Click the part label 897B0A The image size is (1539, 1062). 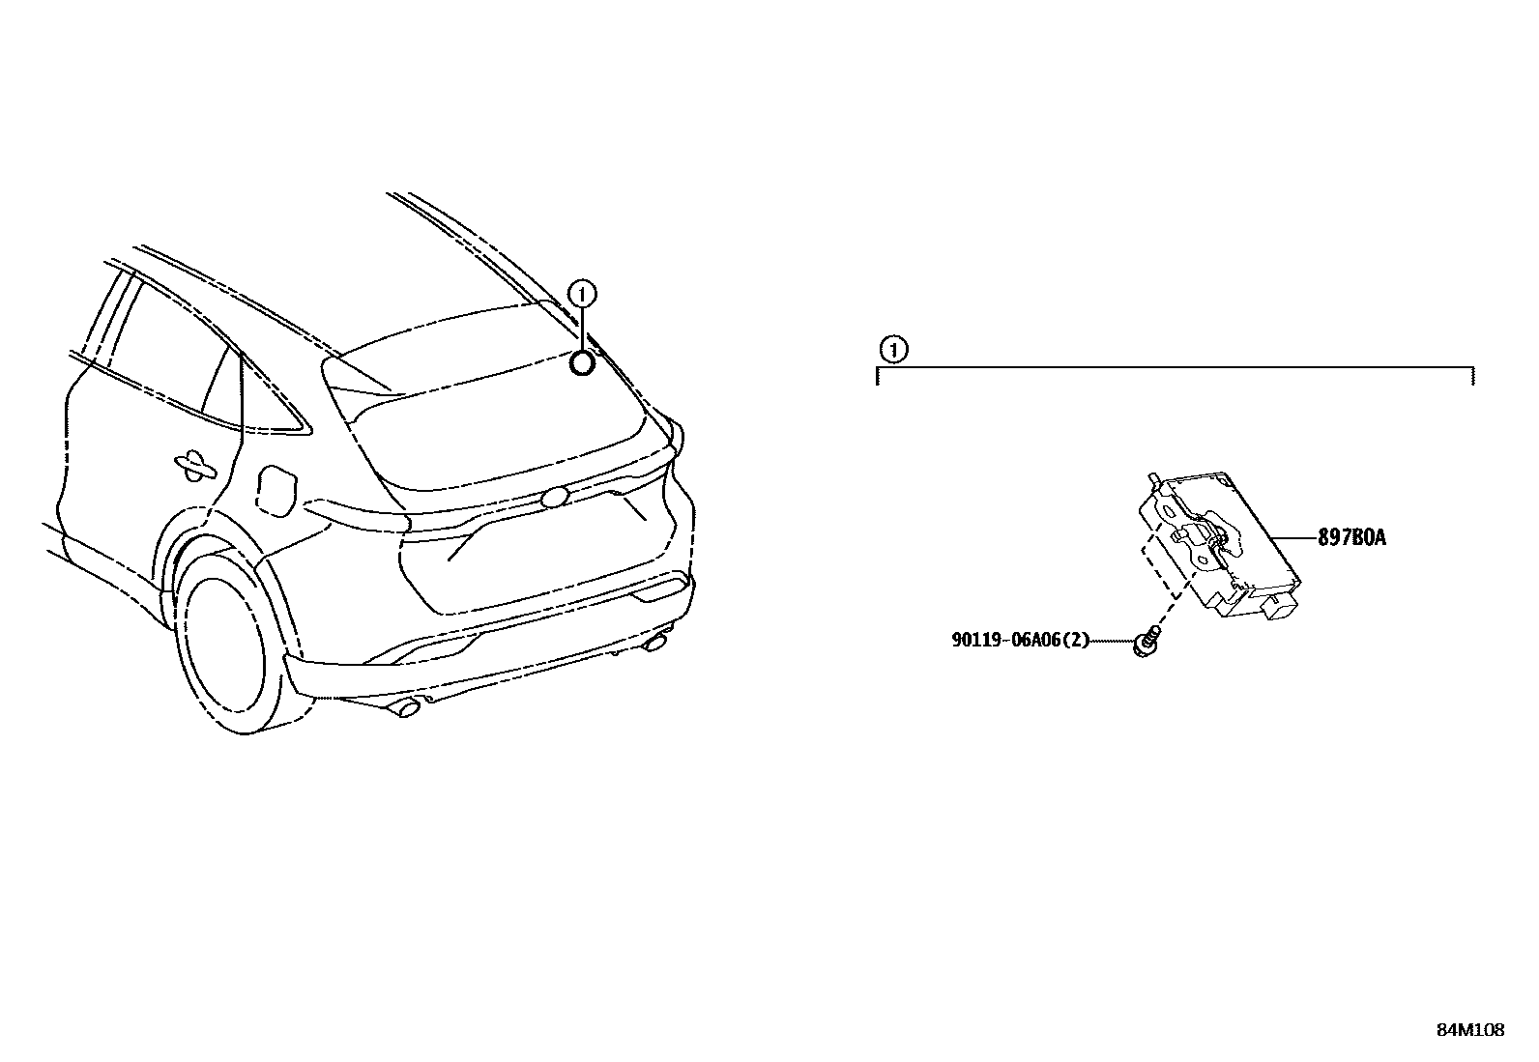(1351, 538)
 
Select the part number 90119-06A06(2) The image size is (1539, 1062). (1020, 639)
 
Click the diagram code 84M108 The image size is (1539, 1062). (1469, 1030)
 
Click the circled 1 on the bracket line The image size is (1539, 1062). (894, 349)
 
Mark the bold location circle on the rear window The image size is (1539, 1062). (583, 362)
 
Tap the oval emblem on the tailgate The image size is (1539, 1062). (555, 497)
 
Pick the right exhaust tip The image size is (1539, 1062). (657, 643)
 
